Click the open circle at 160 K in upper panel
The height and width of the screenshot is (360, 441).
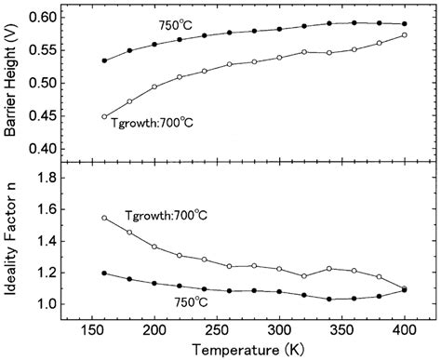[104, 116]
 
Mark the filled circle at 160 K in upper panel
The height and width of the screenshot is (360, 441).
[104, 60]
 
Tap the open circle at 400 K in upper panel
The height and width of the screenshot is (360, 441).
[404, 35]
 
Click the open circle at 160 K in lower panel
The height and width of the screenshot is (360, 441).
[104, 218]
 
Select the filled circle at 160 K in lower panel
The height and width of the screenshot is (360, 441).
[104, 273]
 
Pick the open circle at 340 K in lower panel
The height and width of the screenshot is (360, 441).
[329, 268]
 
